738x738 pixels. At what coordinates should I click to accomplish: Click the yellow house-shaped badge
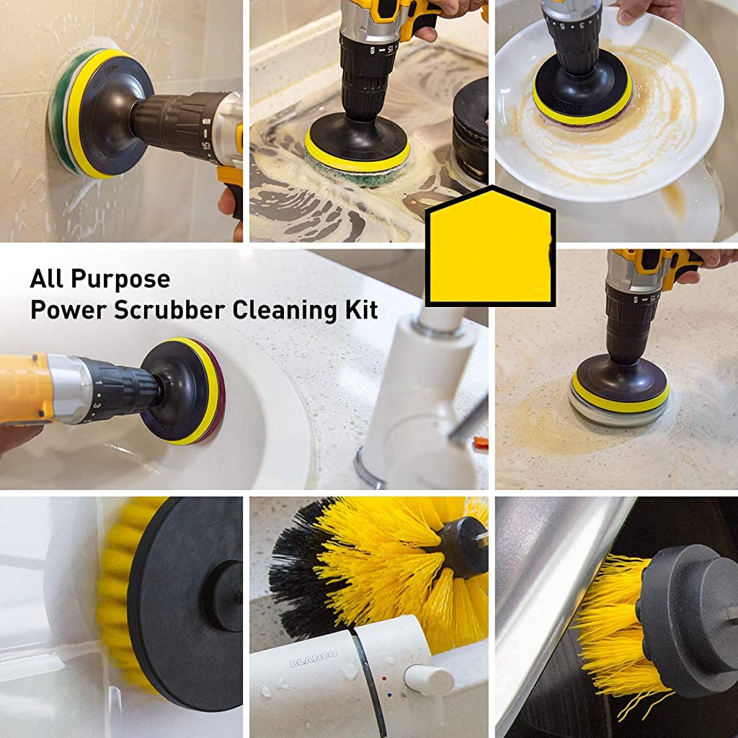[x=490, y=249]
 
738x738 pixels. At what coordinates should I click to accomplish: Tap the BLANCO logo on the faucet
[x=314, y=659]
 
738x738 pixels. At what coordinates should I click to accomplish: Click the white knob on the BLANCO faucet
[x=428, y=679]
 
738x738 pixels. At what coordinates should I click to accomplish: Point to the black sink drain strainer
[x=470, y=115]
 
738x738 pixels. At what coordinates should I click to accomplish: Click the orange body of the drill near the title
[x=25, y=389]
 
